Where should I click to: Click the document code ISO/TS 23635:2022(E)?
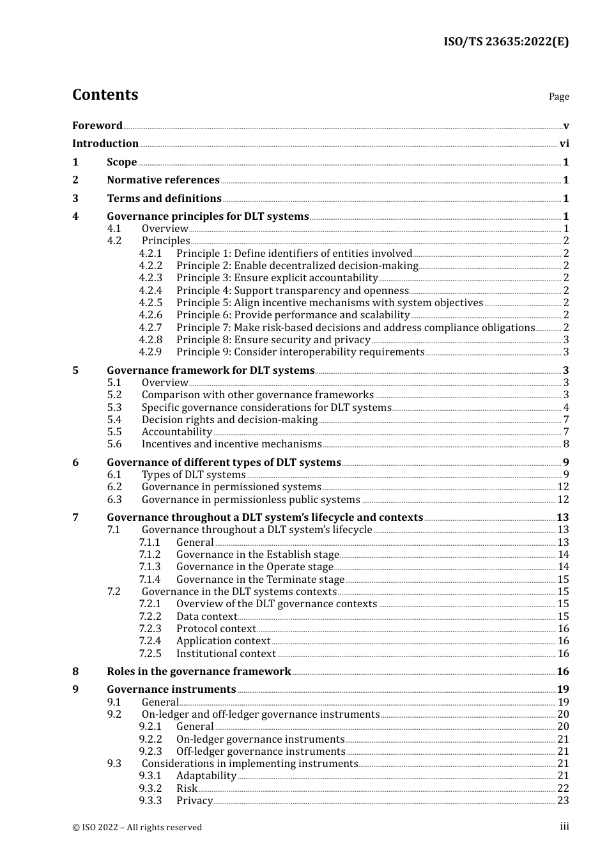[x=505, y=42]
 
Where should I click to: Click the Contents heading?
[x=105, y=95]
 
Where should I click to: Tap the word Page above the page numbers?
[x=558, y=97]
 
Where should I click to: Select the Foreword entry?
[x=97, y=126]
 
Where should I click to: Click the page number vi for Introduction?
[x=564, y=144]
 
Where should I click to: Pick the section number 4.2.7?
[x=151, y=328]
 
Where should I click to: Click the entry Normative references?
[x=163, y=180]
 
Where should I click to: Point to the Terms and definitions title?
[x=164, y=199]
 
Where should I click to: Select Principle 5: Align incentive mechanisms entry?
[x=330, y=303]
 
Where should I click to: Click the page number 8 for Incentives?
[x=566, y=444]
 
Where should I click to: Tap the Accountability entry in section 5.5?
[x=176, y=432]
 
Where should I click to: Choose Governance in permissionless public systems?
[x=250, y=500]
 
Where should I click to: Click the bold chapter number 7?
[x=75, y=518]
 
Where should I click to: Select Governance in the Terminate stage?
[x=260, y=580]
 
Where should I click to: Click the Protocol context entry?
[x=216, y=629]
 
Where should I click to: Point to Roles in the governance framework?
[x=199, y=672]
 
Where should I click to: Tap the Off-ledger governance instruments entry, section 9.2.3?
[x=261, y=752]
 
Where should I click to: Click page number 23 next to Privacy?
[x=563, y=801]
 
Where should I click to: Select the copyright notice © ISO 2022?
[x=137, y=827]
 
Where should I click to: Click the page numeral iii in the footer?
[x=564, y=826]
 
